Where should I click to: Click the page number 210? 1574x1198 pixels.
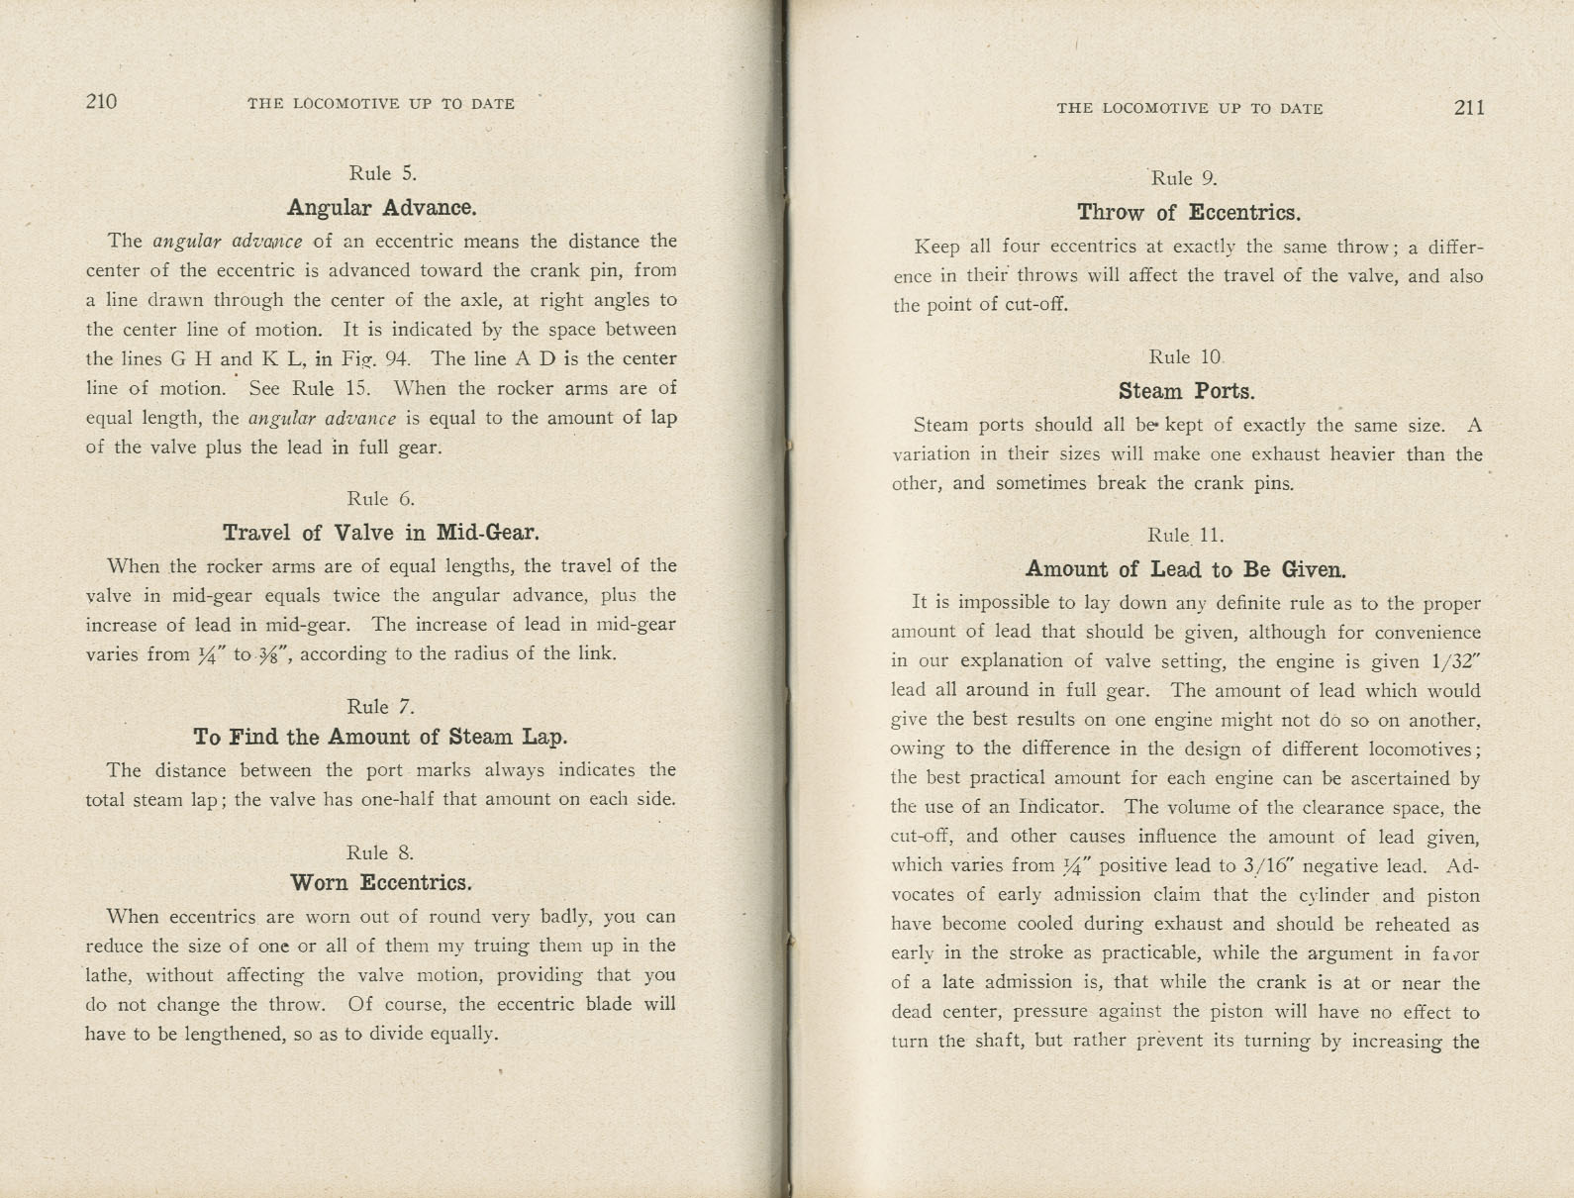pyautogui.click(x=102, y=101)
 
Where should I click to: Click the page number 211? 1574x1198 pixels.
pyautogui.click(x=1469, y=108)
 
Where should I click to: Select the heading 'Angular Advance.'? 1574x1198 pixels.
pyautogui.click(x=381, y=208)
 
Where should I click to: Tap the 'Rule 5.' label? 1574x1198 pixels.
pyautogui.click(x=382, y=173)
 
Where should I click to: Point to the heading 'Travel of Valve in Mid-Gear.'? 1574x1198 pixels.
pyautogui.click(x=381, y=533)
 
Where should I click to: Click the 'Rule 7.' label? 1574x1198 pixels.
pyautogui.click(x=380, y=706)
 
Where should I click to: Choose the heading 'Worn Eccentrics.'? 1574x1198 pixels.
pyautogui.click(x=381, y=882)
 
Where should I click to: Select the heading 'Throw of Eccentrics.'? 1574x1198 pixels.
pyautogui.click(x=1188, y=213)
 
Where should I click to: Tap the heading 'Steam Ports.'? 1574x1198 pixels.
pyautogui.click(x=1186, y=391)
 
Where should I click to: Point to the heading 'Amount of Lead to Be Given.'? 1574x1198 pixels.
pyautogui.click(x=1186, y=569)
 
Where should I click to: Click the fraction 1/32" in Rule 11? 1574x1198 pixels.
pyautogui.click(x=1454, y=661)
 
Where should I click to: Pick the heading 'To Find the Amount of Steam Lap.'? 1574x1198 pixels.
pyautogui.click(x=381, y=737)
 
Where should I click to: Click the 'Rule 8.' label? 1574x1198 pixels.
pyautogui.click(x=380, y=852)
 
